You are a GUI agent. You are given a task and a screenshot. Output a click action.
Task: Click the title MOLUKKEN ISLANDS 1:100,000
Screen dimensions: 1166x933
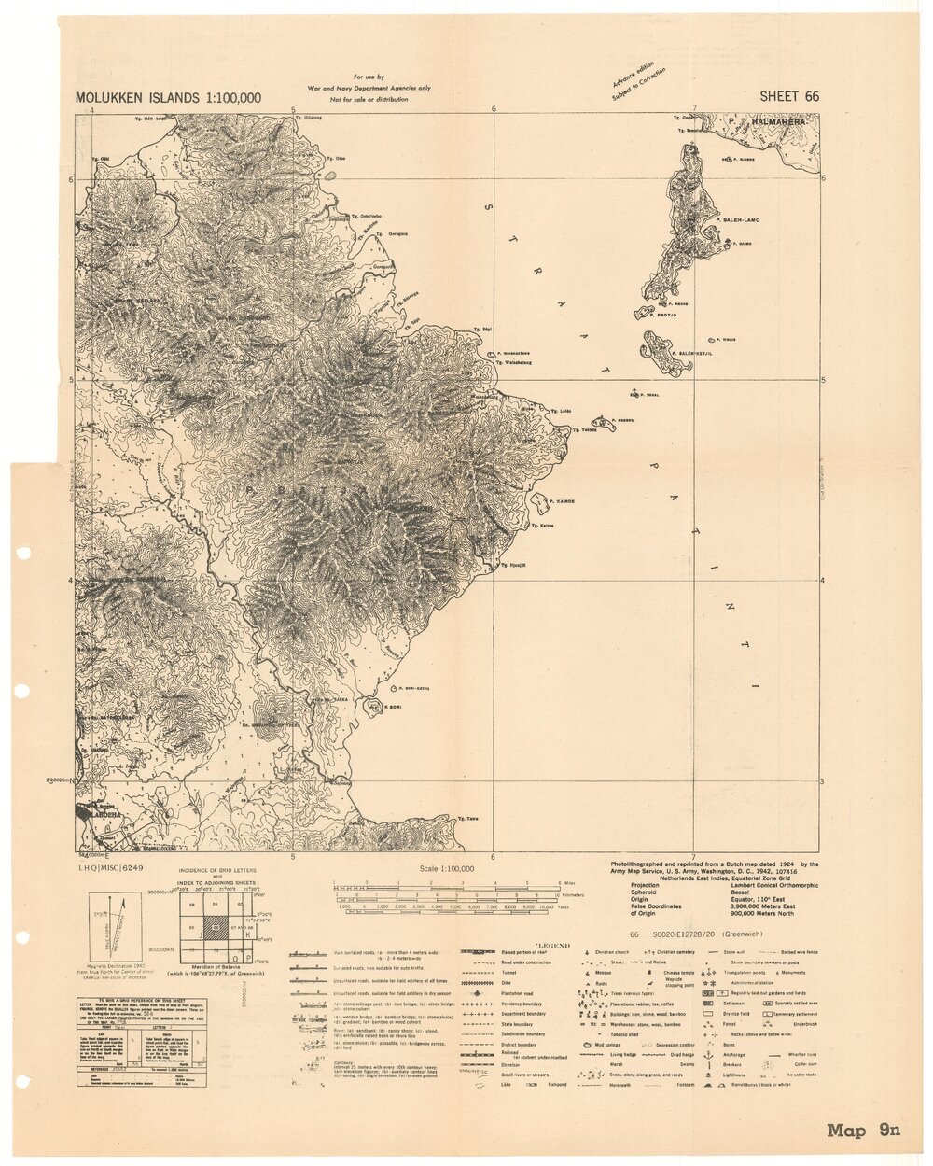168,98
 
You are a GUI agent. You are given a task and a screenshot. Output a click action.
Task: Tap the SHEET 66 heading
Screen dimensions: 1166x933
789,96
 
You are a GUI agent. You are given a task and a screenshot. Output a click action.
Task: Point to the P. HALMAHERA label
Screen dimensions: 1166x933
771,121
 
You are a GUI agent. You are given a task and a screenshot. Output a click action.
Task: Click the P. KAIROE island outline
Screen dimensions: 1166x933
540,502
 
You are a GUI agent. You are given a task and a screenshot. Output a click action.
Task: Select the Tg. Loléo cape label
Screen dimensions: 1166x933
561,412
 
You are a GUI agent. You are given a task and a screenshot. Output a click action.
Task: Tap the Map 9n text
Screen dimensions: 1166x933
863,1131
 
